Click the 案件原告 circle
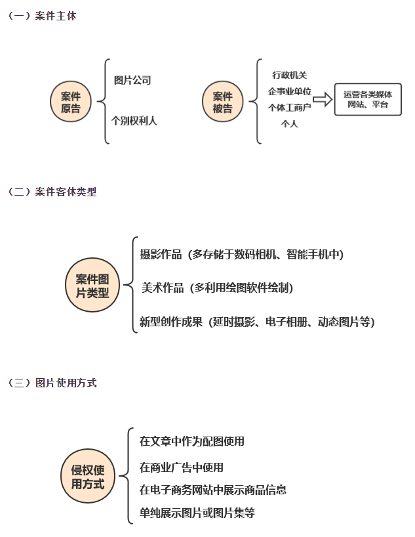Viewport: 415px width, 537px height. (x=71, y=102)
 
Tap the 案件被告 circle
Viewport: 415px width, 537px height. (x=223, y=102)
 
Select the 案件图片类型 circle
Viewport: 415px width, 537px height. (x=92, y=285)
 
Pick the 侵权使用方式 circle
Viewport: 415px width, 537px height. (x=88, y=476)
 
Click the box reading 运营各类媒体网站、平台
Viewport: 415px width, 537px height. (x=368, y=99)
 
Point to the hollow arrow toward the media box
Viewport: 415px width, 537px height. (x=323, y=99)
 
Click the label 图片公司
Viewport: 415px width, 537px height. (x=132, y=80)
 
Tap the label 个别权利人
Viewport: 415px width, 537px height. (x=134, y=121)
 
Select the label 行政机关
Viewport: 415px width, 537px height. (x=289, y=75)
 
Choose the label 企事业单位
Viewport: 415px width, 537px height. (x=289, y=91)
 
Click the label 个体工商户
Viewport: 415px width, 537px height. (x=289, y=108)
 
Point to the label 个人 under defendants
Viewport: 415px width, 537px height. (x=289, y=123)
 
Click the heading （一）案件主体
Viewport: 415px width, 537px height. (x=42, y=16)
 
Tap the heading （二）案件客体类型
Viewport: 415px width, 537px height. (x=52, y=192)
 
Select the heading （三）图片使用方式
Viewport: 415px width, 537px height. (x=52, y=383)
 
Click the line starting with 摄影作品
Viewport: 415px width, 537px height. (x=241, y=255)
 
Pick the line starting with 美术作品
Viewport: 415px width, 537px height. (x=217, y=288)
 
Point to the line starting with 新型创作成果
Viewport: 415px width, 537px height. (x=257, y=322)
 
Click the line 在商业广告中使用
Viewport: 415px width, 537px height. (x=182, y=467)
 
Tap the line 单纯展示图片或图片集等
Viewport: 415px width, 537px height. (x=197, y=513)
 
